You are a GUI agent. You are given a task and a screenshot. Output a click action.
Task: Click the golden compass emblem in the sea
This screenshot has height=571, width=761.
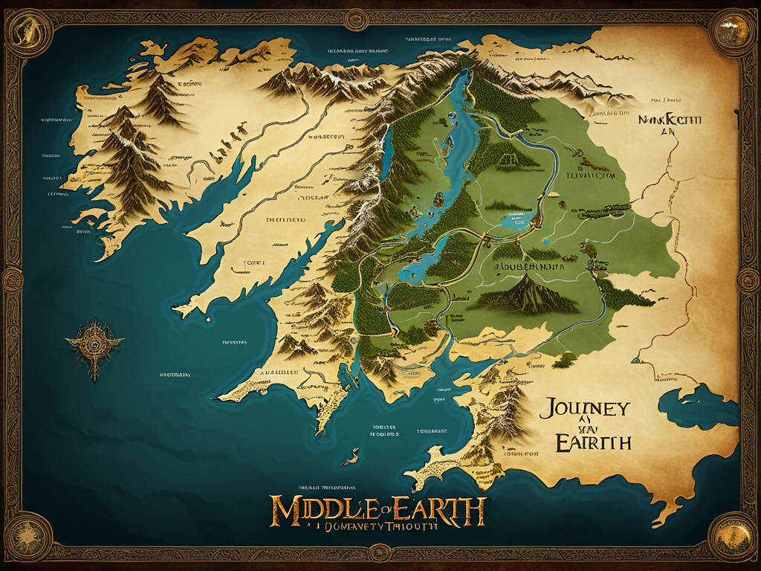(94, 345)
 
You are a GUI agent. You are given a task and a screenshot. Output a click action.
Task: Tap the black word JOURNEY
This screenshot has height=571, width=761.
(587, 409)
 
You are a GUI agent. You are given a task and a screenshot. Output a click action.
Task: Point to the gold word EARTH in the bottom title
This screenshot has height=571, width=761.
(438, 511)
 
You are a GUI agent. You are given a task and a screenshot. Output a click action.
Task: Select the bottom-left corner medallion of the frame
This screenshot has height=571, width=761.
(29, 536)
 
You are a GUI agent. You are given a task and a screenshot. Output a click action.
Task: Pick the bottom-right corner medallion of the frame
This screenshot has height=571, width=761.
(732, 536)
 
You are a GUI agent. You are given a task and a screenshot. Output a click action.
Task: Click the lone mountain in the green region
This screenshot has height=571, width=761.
(525, 294)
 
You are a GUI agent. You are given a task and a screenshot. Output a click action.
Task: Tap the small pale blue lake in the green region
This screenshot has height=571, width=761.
(517, 219)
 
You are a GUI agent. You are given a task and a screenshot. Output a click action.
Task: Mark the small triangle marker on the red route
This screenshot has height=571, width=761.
(384, 304)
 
